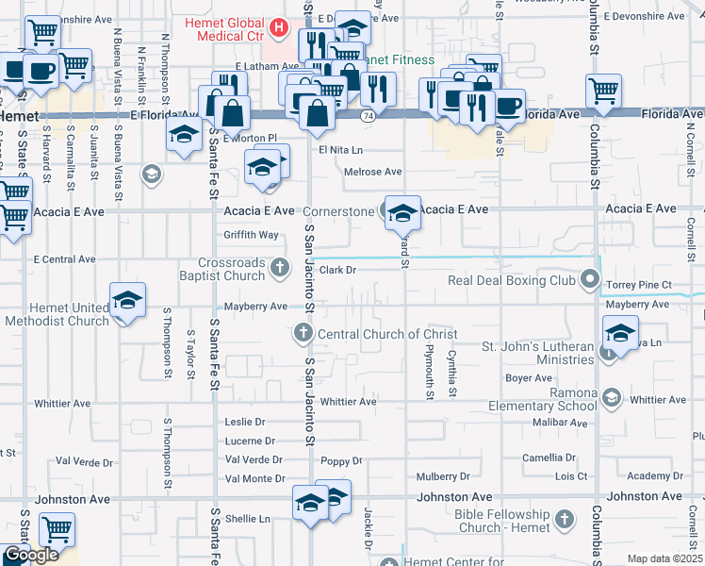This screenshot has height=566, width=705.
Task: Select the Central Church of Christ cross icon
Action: click(303, 332)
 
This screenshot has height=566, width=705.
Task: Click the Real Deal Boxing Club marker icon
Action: click(591, 279)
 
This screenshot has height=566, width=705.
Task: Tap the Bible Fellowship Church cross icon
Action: click(564, 520)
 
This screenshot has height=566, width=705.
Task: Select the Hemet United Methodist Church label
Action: click(57, 314)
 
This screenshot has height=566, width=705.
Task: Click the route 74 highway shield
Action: click(368, 115)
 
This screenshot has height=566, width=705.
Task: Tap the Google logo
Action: click(30, 555)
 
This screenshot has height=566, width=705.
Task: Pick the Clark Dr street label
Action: click(336, 270)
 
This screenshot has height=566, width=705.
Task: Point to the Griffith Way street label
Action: click(251, 235)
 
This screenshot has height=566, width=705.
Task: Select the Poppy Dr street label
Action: click(341, 461)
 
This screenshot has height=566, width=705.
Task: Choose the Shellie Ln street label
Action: click(247, 518)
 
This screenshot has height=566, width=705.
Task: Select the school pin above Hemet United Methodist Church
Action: click(127, 302)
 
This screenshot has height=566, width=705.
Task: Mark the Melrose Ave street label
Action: click(373, 172)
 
